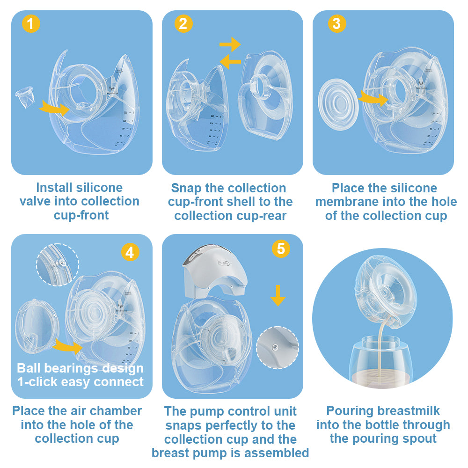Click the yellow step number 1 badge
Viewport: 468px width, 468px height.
click(31, 23)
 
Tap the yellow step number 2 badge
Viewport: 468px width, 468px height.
click(183, 23)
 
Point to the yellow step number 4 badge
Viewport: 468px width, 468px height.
click(130, 252)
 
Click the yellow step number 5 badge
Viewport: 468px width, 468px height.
click(280, 249)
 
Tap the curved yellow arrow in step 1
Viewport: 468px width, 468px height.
click(54, 108)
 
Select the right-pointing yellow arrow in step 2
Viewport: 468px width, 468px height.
click(230, 45)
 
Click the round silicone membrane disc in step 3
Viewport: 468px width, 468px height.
click(337, 106)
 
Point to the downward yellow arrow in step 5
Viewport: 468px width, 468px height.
click(278, 295)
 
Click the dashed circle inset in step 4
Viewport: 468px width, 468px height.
click(57, 264)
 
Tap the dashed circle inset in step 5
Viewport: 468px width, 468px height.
click(277, 348)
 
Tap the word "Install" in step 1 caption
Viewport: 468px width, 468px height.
click(54, 188)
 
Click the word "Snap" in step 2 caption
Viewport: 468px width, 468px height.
click(186, 188)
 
